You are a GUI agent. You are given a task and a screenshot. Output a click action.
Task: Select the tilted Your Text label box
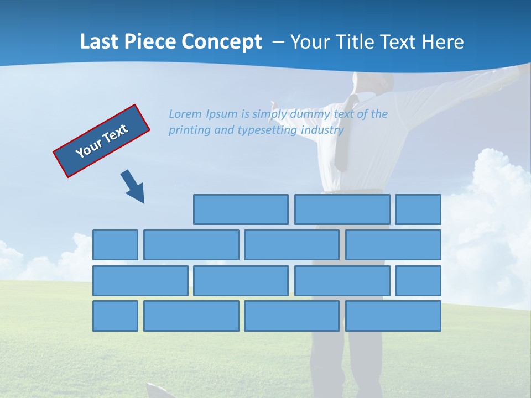tap(102, 141)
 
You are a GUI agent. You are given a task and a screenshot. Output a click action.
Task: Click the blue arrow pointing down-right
tap(133, 187)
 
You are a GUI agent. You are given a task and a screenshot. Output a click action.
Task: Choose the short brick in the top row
tap(418, 210)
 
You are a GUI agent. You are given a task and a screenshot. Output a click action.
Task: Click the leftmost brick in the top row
tap(241, 210)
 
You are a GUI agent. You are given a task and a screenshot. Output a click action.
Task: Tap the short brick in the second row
tap(115, 245)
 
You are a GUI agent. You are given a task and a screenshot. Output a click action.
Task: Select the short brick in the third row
tap(418, 281)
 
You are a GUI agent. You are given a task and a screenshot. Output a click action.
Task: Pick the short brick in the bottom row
tap(115, 316)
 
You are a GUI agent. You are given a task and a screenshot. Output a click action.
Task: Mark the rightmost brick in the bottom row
tap(393, 316)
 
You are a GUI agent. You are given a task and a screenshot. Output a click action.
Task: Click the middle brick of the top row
tap(342, 210)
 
